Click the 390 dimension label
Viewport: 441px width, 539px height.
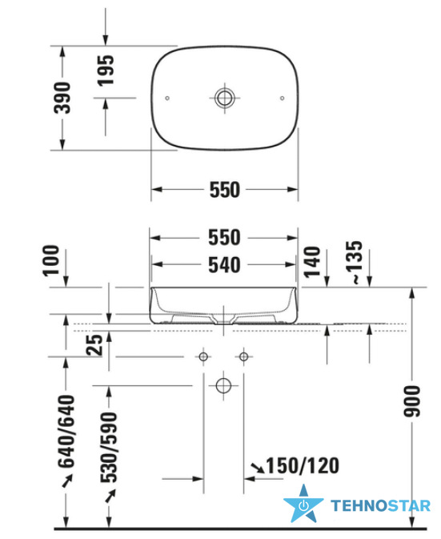click(62, 98)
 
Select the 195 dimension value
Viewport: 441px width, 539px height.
click(106, 70)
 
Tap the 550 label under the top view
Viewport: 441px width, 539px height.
click(225, 190)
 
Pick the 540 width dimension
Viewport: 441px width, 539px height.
click(224, 265)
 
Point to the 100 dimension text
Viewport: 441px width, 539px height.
click(51, 260)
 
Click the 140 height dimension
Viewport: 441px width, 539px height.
click(312, 262)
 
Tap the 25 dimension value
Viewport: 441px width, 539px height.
click(94, 344)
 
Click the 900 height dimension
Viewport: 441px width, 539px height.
click(412, 401)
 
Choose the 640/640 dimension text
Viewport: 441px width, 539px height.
click(66, 432)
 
